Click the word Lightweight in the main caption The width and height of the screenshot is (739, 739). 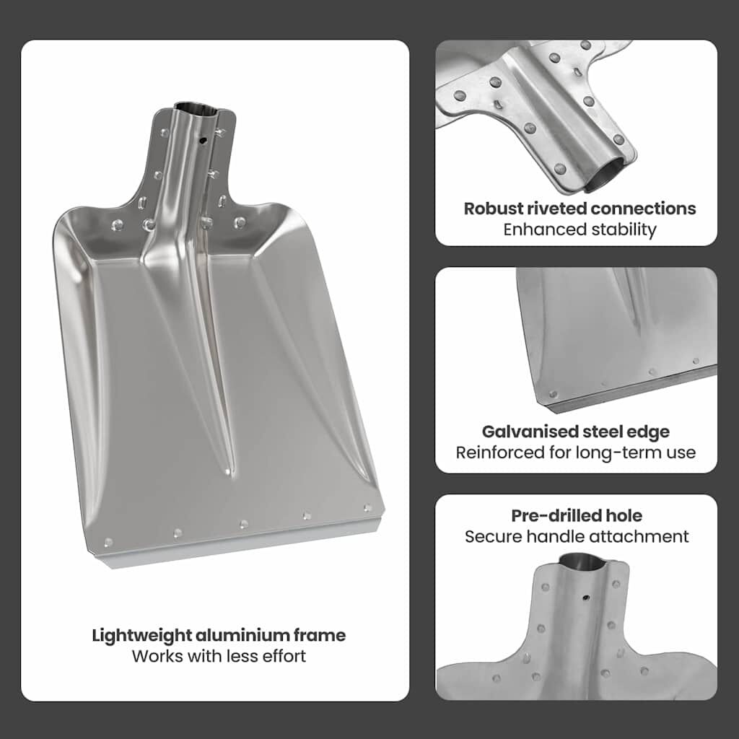141,636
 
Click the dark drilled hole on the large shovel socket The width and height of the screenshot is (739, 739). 203,140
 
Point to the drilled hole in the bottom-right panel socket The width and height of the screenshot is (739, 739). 586,598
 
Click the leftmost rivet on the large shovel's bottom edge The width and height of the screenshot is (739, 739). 108,542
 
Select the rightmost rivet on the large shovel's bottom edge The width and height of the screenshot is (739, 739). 367,507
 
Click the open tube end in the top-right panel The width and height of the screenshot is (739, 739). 608,177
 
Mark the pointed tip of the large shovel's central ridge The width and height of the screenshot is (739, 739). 229,471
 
